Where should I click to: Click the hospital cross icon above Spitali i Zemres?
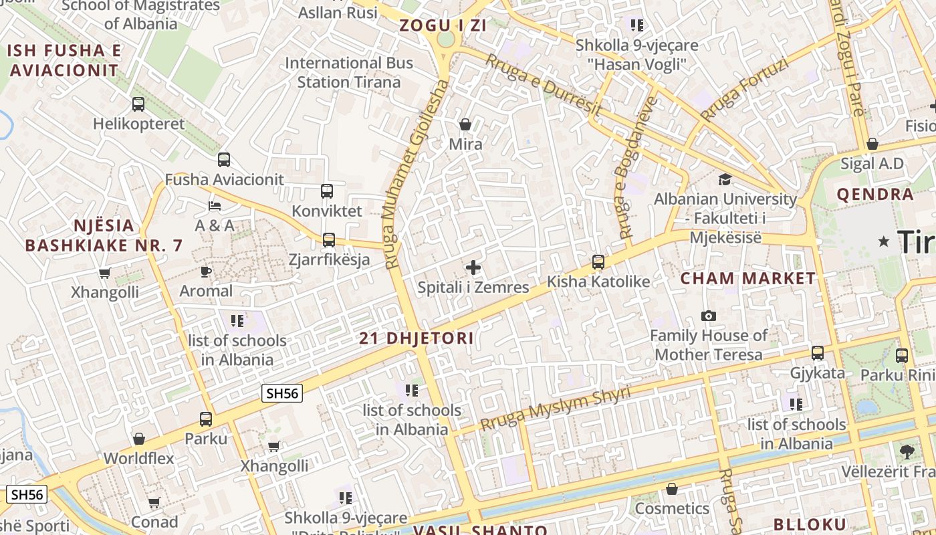(x=473, y=268)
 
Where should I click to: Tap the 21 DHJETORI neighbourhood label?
(x=417, y=338)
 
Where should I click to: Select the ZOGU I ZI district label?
(x=443, y=25)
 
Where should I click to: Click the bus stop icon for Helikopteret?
(x=138, y=104)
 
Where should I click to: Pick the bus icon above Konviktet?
(x=327, y=191)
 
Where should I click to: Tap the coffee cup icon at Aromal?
(x=206, y=272)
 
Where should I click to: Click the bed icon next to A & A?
(x=215, y=206)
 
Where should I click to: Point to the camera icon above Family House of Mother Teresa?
(x=709, y=316)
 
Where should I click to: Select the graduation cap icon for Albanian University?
(x=725, y=179)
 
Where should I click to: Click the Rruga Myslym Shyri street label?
(x=556, y=409)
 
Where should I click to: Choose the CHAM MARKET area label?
(x=748, y=278)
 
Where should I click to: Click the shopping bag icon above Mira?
(x=465, y=124)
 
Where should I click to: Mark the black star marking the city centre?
(x=884, y=241)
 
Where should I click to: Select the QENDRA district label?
(x=875, y=195)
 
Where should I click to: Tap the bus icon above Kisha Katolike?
(x=598, y=262)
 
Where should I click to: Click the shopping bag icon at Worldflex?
(x=139, y=439)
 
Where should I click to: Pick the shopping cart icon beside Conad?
(x=154, y=502)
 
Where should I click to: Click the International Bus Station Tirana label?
(x=349, y=73)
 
